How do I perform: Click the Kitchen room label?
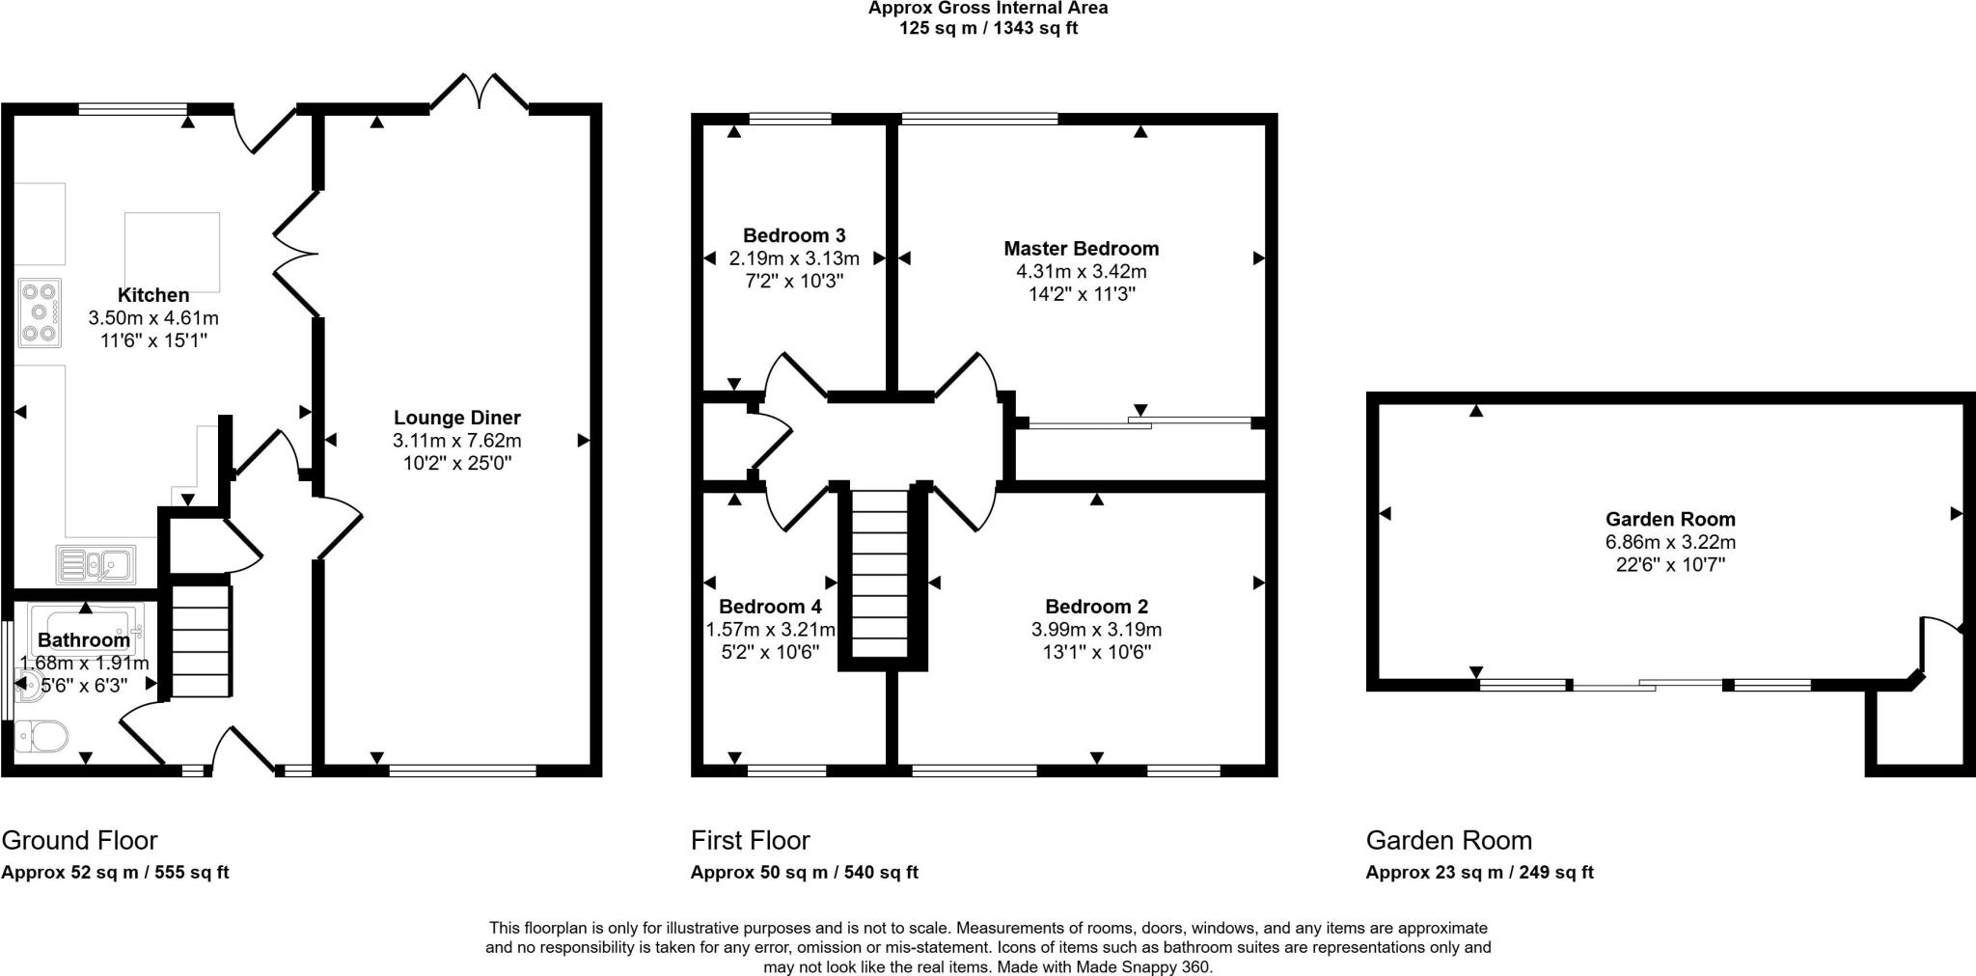coord(153,295)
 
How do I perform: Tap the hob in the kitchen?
coord(40,313)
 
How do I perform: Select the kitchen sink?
coord(96,564)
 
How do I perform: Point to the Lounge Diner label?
coord(457,418)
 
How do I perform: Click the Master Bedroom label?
coord(1082,249)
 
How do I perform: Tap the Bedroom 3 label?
coord(794,235)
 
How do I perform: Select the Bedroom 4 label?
coord(770,607)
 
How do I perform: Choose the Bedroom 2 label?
coord(1097,607)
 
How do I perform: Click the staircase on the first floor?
coord(881,575)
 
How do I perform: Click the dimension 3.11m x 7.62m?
coord(457,441)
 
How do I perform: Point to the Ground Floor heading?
coord(79,841)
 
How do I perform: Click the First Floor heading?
coord(751,841)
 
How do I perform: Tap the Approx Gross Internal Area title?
coord(988,8)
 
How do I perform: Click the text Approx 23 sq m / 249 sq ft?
coord(1479,873)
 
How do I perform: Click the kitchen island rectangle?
coord(172,252)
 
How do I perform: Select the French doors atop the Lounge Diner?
coord(480,91)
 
